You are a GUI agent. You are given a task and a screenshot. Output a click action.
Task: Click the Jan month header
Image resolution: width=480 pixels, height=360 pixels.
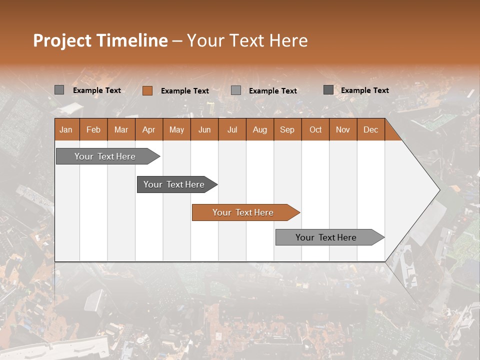66,129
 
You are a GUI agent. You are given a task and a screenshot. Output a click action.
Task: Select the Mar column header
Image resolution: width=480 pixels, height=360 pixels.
121,129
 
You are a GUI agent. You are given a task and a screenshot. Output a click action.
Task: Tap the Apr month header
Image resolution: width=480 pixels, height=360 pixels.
148,129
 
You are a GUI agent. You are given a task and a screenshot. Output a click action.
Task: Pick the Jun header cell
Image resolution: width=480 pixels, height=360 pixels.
204,129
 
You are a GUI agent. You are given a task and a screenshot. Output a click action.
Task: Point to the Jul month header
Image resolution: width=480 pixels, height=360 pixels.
232,129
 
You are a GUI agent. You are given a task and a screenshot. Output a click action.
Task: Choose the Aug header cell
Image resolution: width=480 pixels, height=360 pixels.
259,129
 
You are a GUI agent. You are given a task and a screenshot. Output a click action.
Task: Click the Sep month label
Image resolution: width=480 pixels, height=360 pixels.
287,129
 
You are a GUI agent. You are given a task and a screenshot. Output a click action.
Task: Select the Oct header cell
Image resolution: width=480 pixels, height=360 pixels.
315,129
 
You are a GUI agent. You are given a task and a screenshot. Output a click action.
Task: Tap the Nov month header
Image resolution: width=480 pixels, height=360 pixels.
343,129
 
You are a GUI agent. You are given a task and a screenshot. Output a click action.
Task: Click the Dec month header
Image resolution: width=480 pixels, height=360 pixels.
370,129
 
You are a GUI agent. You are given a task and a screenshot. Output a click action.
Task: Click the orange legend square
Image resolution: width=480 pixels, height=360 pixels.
147,90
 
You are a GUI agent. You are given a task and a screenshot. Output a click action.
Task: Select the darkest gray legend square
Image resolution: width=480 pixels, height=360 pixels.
328,90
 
